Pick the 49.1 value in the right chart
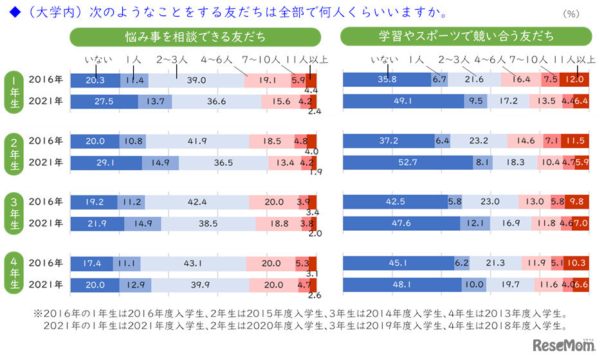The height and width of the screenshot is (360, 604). tap(403, 101)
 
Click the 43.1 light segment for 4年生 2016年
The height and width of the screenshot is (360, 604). tap(193, 264)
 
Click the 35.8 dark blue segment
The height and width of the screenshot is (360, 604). tap(386, 80)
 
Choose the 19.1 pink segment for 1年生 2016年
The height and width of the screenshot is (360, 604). tap(268, 80)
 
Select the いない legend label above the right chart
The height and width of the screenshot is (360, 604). tap(383, 60)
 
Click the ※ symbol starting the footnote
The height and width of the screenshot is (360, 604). tap(37, 315)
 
